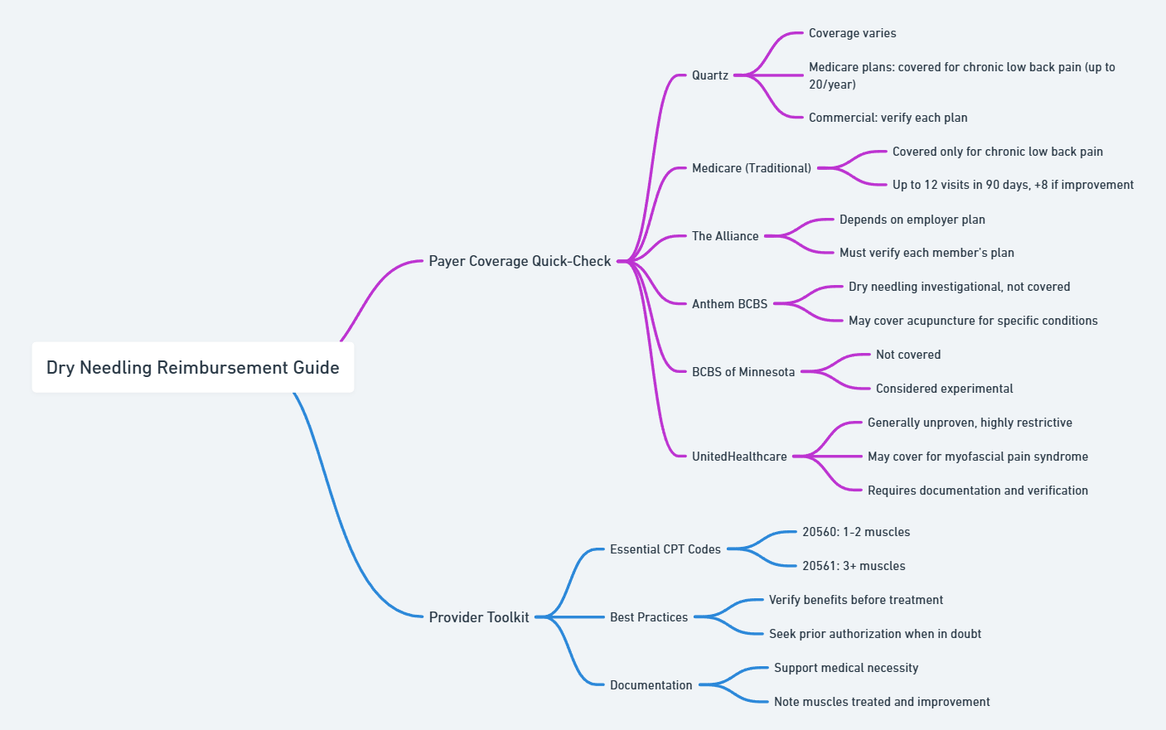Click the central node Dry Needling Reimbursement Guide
pos(193,367)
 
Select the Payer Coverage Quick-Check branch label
pos(520,261)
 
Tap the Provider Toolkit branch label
pos(479,617)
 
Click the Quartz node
pos(710,75)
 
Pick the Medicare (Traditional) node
pos(752,168)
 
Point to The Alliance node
pos(725,236)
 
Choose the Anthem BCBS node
pos(729,304)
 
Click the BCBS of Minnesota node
pos(743,372)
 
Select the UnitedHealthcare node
pos(739,457)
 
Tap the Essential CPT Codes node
pos(665,549)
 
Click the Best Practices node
pos(649,617)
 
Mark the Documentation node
pos(651,685)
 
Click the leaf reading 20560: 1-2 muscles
pos(856,532)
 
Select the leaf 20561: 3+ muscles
pos(854,566)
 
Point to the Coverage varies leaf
pos(853,33)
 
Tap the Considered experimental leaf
pos(945,389)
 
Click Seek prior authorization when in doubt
pos(875,634)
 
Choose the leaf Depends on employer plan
pos(912,220)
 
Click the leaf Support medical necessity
pos(846,668)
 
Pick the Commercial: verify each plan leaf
pos(888,118)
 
